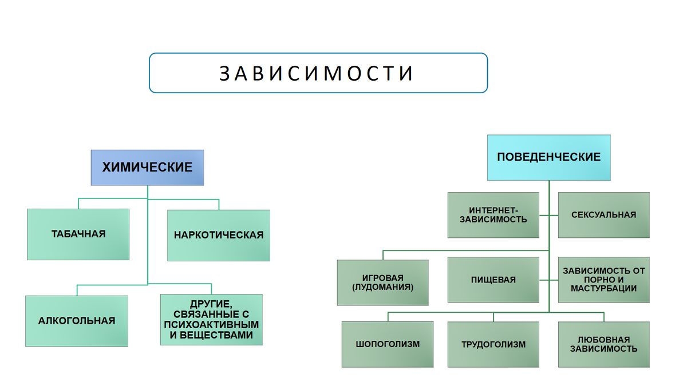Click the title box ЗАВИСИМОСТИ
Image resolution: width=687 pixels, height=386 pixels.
click(x=318, y=73)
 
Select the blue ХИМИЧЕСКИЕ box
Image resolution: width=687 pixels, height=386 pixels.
click(x=147, y=168)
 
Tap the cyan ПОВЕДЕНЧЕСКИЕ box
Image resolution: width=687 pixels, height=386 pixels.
click(x=548, y=157)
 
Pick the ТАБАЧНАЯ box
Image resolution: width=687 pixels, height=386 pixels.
click(x=78, y=234)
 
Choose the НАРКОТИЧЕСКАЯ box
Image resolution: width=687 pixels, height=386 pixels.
click(x=219, y=235)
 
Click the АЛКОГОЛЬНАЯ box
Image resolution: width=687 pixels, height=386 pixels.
click(x=77, y=321)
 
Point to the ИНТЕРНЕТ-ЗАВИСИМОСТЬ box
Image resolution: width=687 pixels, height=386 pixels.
click(x=493, y=215)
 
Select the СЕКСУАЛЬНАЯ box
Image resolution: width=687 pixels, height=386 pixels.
click(x=603, y=215)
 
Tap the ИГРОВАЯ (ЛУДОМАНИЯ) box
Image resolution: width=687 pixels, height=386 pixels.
click(x=382, y=282)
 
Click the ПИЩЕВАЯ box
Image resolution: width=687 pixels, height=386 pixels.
click(x=493, y=280)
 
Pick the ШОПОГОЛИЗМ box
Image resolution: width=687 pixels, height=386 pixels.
click(x=388, y=344)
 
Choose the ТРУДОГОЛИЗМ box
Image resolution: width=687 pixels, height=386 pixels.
click(x=493, y=344)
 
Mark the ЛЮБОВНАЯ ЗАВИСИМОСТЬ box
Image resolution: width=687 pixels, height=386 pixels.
click(x=603, y=344)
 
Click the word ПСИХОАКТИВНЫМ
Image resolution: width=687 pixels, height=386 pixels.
click(x=211, y=325)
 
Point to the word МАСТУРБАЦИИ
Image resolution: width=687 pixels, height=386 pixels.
click(x=603, y=289)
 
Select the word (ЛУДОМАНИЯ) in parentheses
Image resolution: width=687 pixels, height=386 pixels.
click(x=382, y=287)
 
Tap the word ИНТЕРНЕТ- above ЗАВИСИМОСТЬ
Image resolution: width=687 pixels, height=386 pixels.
click(x=493, y=210)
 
